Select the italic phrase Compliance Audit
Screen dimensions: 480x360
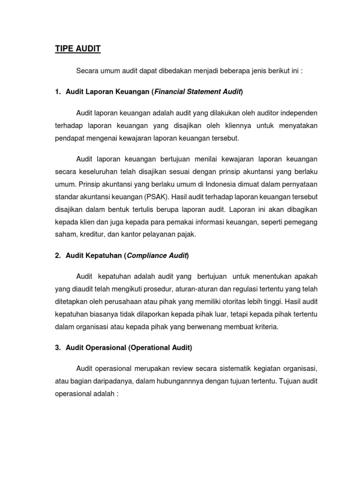[x=157, y=255]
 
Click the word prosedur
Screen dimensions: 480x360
[x=171, y=289]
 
